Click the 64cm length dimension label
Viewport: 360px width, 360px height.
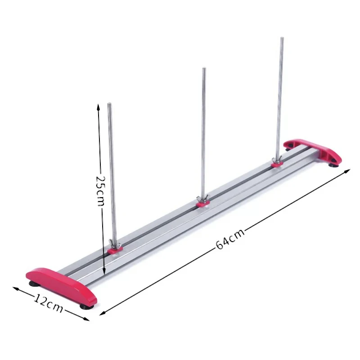coord(230,238)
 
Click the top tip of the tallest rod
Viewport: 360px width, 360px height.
coord(282,39)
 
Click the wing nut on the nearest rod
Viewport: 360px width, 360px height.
coord(115,246)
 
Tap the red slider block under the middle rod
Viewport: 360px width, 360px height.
coord(203,205)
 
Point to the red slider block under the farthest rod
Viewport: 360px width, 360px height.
coord(276,165)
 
